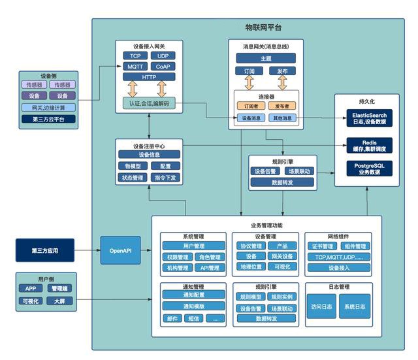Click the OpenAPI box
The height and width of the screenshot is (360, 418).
tap(121, 250)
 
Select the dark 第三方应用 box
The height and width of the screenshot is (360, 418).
tap(44, 250)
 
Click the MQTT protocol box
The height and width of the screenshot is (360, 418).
tap(135, 67)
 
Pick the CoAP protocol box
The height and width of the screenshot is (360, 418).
tap(163, 67)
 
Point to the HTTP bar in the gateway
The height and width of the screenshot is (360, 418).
tap(149, 77)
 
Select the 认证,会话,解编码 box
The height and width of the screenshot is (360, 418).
tap(149, 104)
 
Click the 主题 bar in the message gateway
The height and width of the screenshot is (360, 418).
tap(265, 58)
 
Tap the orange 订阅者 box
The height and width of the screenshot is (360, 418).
tap(251, 105)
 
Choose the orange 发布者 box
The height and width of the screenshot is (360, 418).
tap(281, 105)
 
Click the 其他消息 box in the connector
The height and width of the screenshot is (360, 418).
tap(281, 118)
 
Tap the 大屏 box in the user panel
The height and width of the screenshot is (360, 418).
tap(59, 301)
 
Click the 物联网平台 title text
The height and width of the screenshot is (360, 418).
tap(263, 28)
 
